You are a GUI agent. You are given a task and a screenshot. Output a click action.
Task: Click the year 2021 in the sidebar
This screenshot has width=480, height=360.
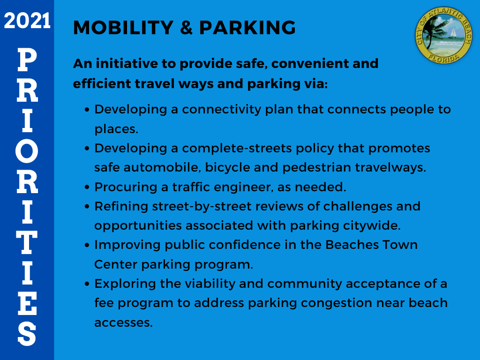point(27,21)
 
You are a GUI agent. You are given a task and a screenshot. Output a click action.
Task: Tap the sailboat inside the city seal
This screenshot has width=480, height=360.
point(453,33)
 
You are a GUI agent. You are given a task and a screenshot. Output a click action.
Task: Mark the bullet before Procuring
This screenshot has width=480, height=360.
point(88,187)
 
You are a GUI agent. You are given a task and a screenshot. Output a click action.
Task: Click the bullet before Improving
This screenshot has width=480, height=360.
point(88,245)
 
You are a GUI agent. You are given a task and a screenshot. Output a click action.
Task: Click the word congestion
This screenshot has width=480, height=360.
point(334,303)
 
